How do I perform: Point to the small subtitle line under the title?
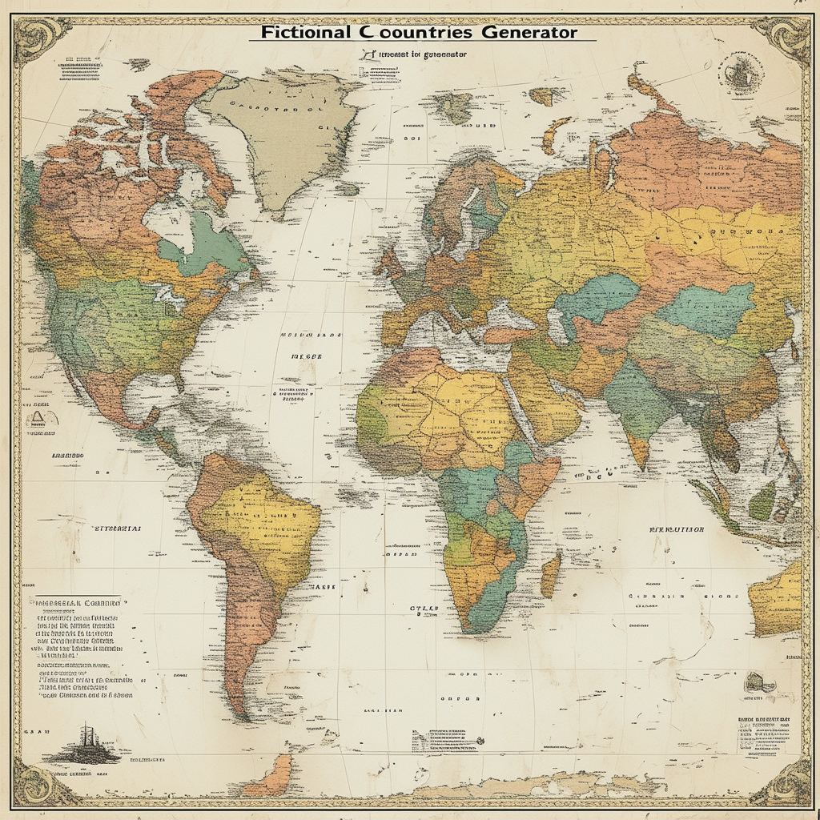[414, 54]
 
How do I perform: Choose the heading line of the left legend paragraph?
[76, 601]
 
